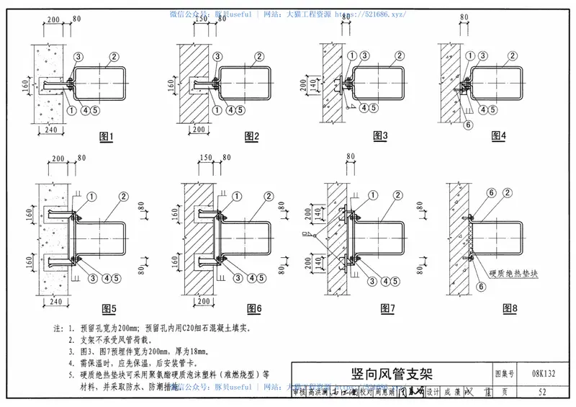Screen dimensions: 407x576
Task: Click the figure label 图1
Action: [x=107, y=136]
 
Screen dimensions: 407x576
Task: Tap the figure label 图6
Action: [x=253, y=308]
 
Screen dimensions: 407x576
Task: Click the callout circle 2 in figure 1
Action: [x=114, y=56]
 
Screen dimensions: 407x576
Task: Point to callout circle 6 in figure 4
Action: [x=468, y=124]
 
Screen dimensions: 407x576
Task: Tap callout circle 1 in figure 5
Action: [x=93, y=196]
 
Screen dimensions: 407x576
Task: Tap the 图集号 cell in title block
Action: [x=505, y=374]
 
